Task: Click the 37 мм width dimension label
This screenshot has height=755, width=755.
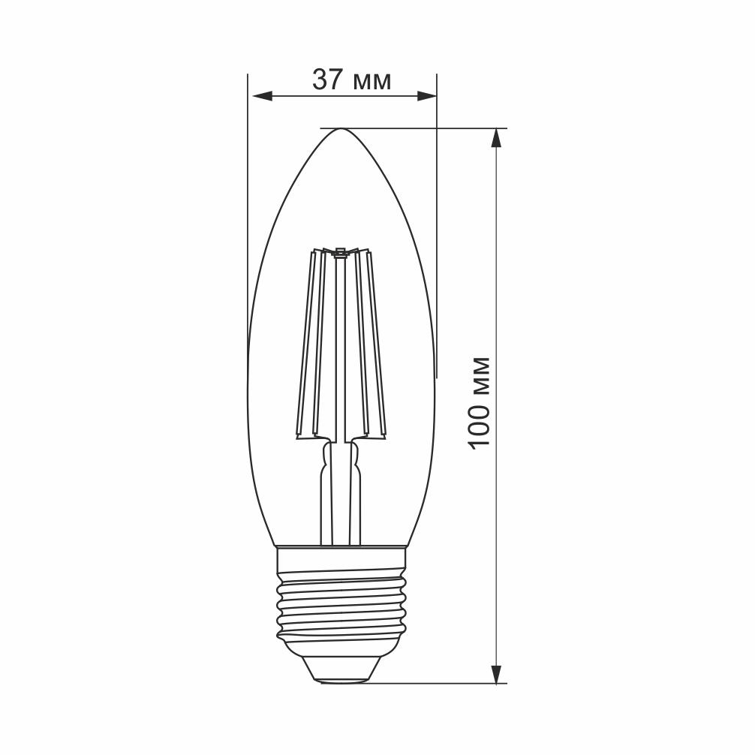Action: [352, 80]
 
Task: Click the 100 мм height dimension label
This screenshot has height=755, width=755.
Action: [478, 403]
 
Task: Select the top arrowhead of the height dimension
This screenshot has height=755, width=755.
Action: [496, 138]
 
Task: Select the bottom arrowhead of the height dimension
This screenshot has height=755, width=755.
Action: [496, 673]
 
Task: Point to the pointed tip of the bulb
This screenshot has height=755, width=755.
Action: [341, 130]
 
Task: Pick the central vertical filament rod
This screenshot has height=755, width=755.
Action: [341, 345]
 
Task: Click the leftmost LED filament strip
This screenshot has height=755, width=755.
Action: [307, 345]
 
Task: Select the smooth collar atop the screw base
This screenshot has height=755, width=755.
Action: [341, 559]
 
